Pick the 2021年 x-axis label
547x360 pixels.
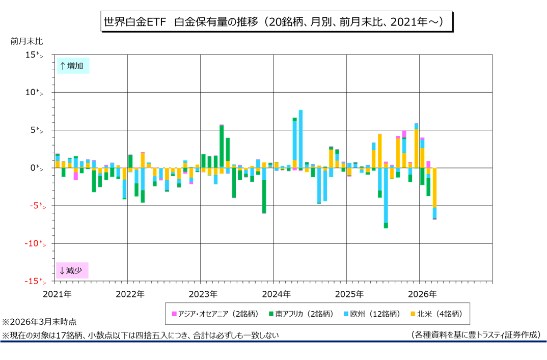[x=57, y=294]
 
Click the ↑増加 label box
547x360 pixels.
[x=72, y=66]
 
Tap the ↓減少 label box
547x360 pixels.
[x=72, y=270]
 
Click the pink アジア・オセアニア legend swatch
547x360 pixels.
[x=175, y=314]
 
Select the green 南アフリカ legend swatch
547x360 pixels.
[x=271, y=314]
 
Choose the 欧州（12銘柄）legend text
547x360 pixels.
[x=375, y=314]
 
